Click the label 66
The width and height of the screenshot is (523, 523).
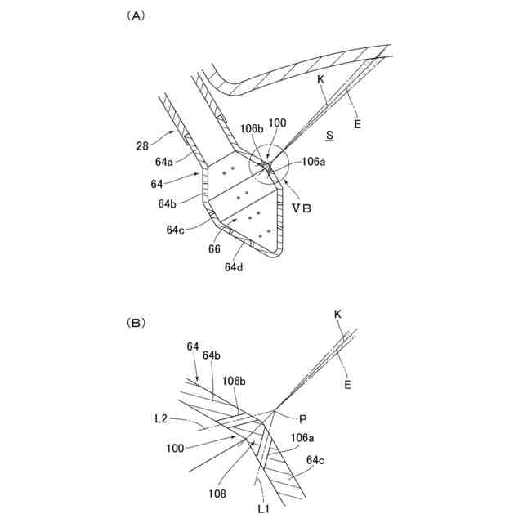pyautogui.click(x=215, y=248)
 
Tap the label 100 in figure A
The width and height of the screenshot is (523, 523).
pyautogui.click(x=277, y=123)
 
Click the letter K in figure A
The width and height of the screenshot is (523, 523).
pyautogui.click(x=321, y=80)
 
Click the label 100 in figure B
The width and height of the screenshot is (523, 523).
pyautogui.click(x=175, y=449)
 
